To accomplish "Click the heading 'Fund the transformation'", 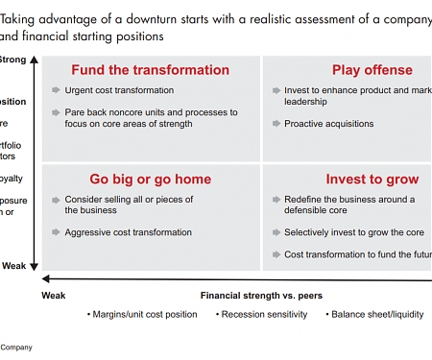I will [151, 70].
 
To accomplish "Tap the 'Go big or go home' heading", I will [151, 180].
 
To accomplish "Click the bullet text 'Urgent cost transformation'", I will [119, 90].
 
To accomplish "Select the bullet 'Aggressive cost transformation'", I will [128, 232].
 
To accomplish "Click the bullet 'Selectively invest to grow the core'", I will [354, 232].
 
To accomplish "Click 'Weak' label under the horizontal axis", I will [54, 296].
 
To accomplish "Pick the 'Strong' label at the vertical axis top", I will [12, 60].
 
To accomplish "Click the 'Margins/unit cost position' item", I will [144, 314].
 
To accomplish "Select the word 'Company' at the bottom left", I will [15, 348].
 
